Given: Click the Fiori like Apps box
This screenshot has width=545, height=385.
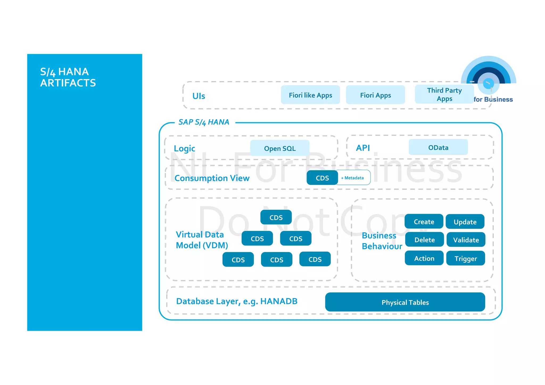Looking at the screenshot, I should coord(310,95).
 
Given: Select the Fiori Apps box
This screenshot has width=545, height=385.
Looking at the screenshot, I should coord(375,95).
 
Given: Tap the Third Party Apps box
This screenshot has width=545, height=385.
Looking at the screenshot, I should coord(444,94).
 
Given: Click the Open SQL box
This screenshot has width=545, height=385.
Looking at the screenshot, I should coord(280,148).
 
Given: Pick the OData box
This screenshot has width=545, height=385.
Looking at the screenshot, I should coord(438,147).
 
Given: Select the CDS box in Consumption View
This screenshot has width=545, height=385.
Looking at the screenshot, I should coord(322,178).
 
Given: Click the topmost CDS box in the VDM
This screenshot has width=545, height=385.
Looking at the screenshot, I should coord(276,217).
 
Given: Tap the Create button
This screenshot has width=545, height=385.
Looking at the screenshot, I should coord(424,221).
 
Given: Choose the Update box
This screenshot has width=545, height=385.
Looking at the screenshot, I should coord(465,222).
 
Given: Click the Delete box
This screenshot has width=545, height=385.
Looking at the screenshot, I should coord(424,239).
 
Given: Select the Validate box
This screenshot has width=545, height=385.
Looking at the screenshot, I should coord(466,240).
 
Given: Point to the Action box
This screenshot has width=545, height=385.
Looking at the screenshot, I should coord(424,258).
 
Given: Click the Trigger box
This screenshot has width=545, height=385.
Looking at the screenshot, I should coord(465,258).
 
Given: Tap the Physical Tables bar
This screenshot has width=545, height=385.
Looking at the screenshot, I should coord(405,302).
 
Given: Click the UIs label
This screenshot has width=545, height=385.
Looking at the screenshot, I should coord(199,96).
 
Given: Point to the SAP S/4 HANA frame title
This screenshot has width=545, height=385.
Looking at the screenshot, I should coord(204,122).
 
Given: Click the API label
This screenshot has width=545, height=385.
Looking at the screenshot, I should coord(363,148).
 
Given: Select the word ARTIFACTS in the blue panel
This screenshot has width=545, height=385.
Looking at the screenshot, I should coord(68,83).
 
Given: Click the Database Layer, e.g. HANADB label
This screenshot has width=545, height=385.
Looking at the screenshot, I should coord(237,301).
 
